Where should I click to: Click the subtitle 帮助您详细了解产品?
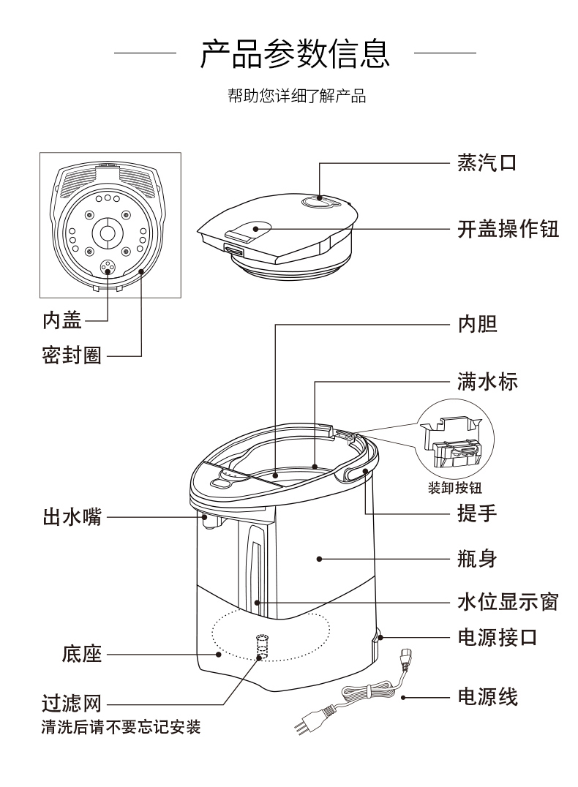point(296,97)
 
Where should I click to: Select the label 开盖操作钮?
point(508,229)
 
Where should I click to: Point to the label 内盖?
point(61,320)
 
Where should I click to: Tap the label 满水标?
point(487,381)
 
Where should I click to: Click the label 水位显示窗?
point(508,602)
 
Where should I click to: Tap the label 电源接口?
point(498,637)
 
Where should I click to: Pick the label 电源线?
point(487,697)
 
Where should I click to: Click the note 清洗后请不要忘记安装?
point(121,728)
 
